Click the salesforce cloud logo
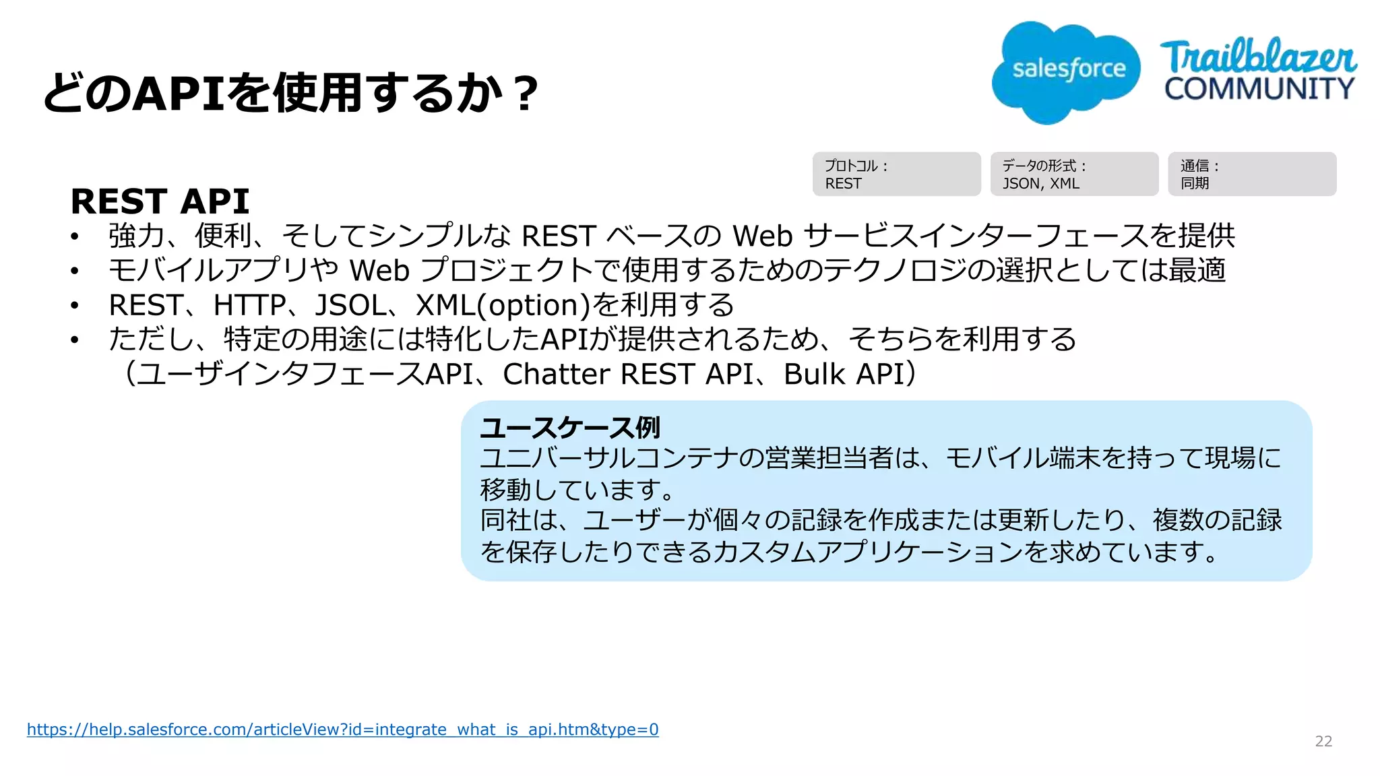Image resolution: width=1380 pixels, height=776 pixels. [x=1066, y=71]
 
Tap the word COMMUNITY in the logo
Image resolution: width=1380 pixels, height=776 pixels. [x=1259, y=89]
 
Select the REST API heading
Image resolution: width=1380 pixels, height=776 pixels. [x=160, y=201]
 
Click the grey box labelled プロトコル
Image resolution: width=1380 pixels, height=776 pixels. [x=896, y=174]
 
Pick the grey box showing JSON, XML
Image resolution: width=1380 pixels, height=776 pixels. [x=1074, y=174]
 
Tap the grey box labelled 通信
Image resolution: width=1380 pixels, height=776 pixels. [x=1252, y=174]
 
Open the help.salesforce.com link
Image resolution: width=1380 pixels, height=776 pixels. [x=342, y=730]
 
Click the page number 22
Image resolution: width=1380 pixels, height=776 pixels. [x=1323, y=742]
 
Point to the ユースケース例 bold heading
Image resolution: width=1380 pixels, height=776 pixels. [x=569, y=428]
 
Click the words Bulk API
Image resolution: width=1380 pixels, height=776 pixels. [x=843, y=375]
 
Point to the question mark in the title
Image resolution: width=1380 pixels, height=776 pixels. [x=524, y=94]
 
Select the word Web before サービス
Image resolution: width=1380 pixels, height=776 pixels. [x=762, y=236]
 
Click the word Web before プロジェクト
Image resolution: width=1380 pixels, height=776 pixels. [x=379, y=271]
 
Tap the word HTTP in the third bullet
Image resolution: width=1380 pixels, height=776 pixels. [x=249, y=305]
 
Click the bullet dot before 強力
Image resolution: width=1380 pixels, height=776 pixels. [x=75, y=236]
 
